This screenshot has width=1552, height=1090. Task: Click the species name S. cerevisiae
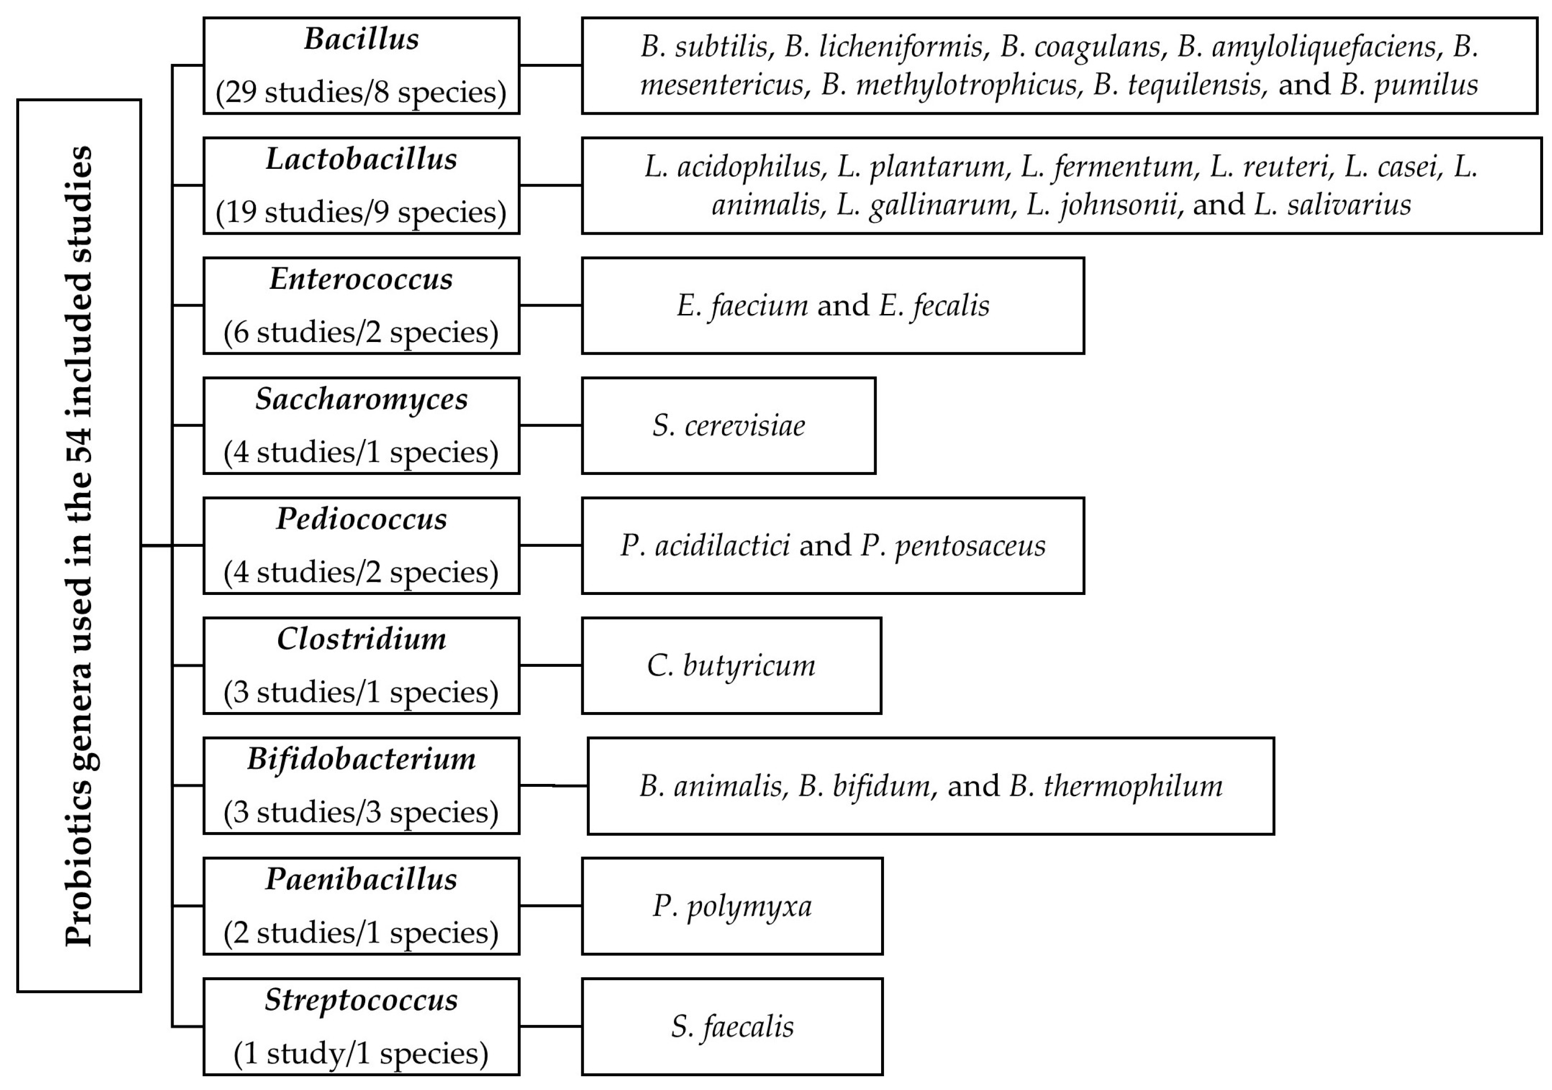coord(728,426)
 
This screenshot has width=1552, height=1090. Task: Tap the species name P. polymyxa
coord(732,906)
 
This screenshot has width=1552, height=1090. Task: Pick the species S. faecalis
coord(732,1027)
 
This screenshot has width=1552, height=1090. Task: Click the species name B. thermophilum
coord(1115,786)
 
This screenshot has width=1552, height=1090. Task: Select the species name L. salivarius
coord(1332,205)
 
